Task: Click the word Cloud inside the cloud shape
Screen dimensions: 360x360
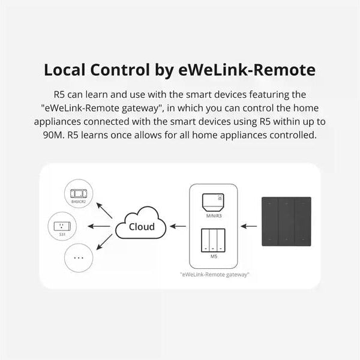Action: tap(142, 227)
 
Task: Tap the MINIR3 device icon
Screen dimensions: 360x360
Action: tap(214, 202)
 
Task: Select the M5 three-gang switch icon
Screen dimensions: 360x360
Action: tap(214, 241)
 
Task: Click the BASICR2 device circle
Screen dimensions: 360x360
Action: tap(79, 196)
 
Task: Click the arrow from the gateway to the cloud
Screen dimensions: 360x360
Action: tap(178, 227)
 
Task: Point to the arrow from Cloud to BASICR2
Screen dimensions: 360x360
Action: tap(106, 210)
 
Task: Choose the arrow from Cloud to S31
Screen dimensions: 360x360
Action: tap(100, 227)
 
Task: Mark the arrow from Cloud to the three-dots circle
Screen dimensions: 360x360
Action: tap(105, 243)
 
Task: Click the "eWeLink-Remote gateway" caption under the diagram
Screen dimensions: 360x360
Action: tap(214, 274)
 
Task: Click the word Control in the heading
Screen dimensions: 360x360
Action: tap(127, 70)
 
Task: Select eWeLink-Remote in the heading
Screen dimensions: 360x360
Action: tap(247, 70)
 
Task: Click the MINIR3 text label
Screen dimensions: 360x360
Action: tap(214, 215)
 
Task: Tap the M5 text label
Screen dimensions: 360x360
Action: tap(214, 256)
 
